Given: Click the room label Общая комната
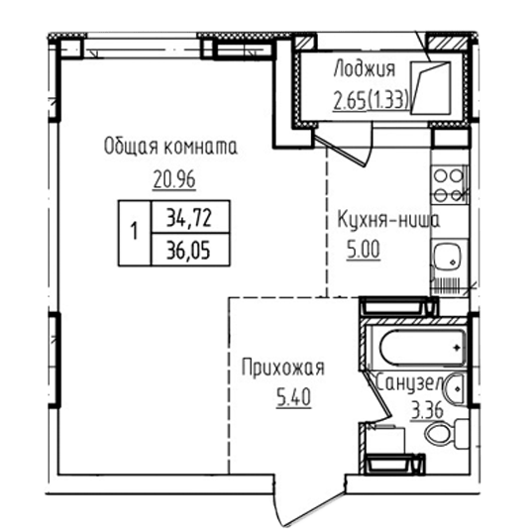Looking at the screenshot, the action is pos(170,147).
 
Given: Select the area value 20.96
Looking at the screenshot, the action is pos(174,179).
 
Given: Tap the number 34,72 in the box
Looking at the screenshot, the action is pos(189,218).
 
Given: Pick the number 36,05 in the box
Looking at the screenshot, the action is pos(188,251).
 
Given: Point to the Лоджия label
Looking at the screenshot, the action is pos(365,69).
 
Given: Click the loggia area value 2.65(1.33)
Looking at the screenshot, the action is pos(371,100).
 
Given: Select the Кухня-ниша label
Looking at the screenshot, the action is pos(388,220).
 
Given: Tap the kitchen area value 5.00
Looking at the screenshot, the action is pos(363,250).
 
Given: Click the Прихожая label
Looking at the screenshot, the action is pos(283,368).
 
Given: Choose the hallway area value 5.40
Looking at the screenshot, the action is pos(293,397).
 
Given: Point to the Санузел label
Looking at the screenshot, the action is pos(410,383).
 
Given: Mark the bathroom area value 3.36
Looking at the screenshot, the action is pos(427,411).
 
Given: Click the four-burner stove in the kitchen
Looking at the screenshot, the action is pos(449,185).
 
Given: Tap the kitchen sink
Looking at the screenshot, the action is pos(447,257).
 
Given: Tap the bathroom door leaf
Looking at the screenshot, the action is pos(377,392).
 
